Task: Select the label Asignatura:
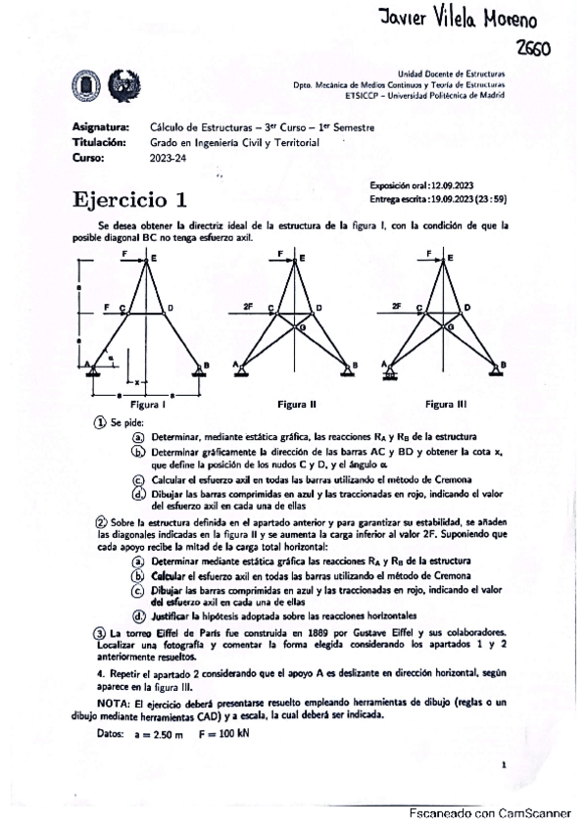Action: point(101,126)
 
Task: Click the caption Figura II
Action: point(296,404)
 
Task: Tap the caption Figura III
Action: point(446,404)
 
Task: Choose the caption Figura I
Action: point(147,404)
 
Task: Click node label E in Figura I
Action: point(154,257)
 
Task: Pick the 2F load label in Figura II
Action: point(248,307)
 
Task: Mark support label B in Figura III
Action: point(504,365)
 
